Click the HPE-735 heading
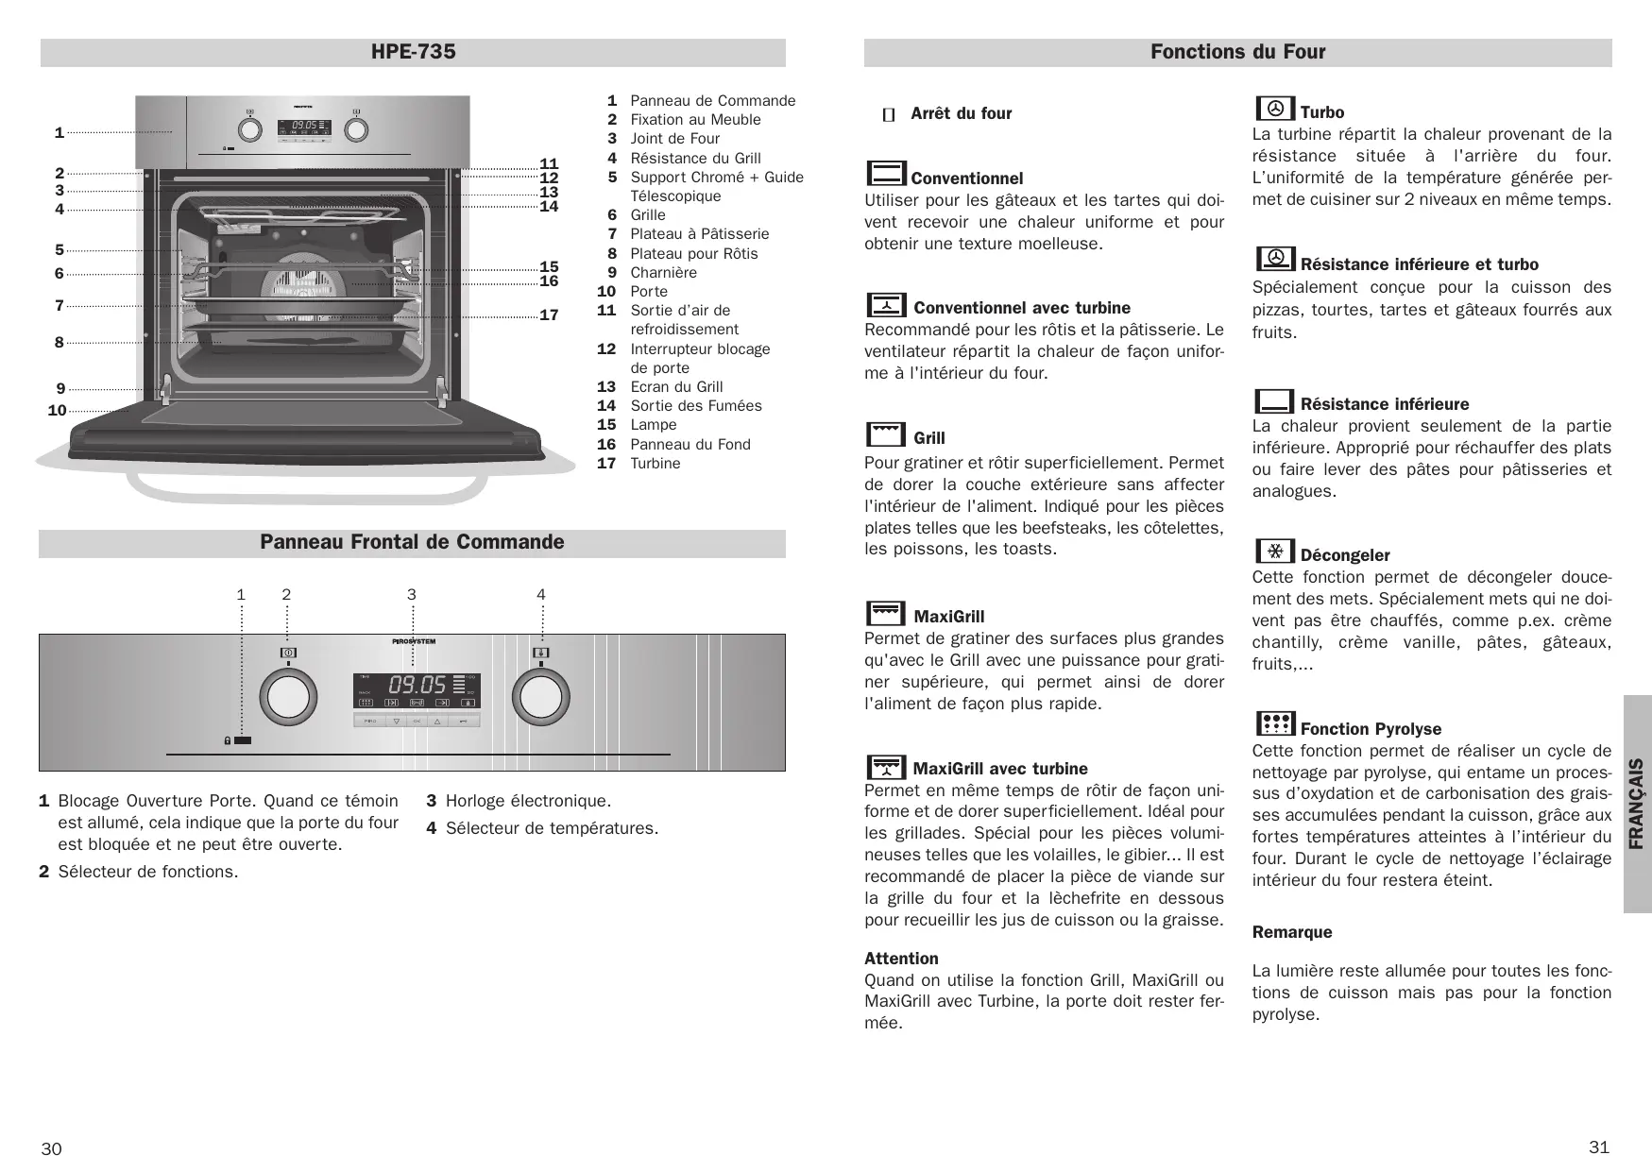click(413, 52)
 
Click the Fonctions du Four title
click(1237, 52)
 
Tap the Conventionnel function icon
click(886, 174)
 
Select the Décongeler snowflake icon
click(1274, 551)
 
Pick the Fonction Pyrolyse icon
click(1274, 724)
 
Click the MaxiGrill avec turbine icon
click(886, 766)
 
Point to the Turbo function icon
click(1274, 108)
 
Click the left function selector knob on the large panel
click(288, 698)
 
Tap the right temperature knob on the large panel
click(541, 698)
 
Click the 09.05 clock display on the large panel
click(417, 684)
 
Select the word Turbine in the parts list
click(656, 464)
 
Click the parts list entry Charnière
click(663, 273)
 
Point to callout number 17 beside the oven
click(549, 315)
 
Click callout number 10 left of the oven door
click(57, 411)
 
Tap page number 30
click(51, 1148)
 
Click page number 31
click(1598, 1147)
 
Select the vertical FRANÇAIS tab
click(1638, 804)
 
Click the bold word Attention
click(901, 959)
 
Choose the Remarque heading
click(1291, 932)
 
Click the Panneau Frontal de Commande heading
click(412, 542)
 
